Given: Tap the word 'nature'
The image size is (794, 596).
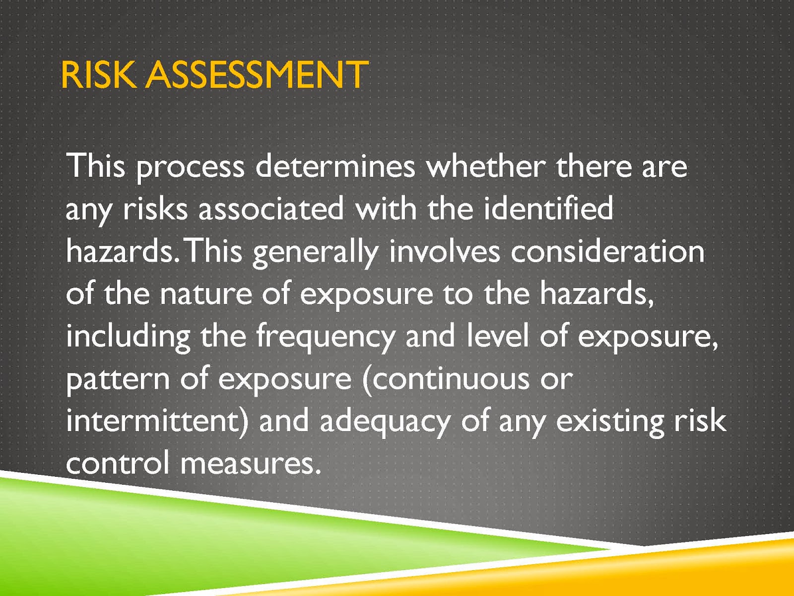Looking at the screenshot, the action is click(x=206, y=295).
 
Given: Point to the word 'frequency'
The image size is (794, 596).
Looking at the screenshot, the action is click(x=325, y=338).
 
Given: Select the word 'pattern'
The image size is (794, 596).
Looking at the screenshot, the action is click(x=118, y=380).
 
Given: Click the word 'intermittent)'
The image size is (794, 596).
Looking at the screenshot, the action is click(x=158, y=422).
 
